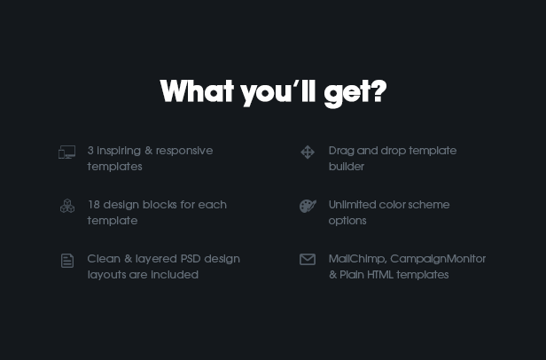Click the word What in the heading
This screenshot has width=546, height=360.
pos(197,91)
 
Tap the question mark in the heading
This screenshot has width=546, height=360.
pos(378,91)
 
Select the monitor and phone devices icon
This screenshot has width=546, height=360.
pos(66,153)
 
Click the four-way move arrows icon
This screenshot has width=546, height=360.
pos(308,153)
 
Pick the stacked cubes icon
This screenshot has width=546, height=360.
pos(67,206)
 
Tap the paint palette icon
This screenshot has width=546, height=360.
pos(308,206)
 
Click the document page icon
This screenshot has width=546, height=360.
pos(67,261)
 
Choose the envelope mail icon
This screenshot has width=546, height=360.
pos(308,260)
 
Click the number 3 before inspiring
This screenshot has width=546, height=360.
pos(90,151)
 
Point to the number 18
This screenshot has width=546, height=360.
pos(94,205)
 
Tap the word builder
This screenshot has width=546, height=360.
pos(347,167)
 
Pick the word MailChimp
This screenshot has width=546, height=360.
pos(357,259)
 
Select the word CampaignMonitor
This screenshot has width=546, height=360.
pos(438,259)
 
